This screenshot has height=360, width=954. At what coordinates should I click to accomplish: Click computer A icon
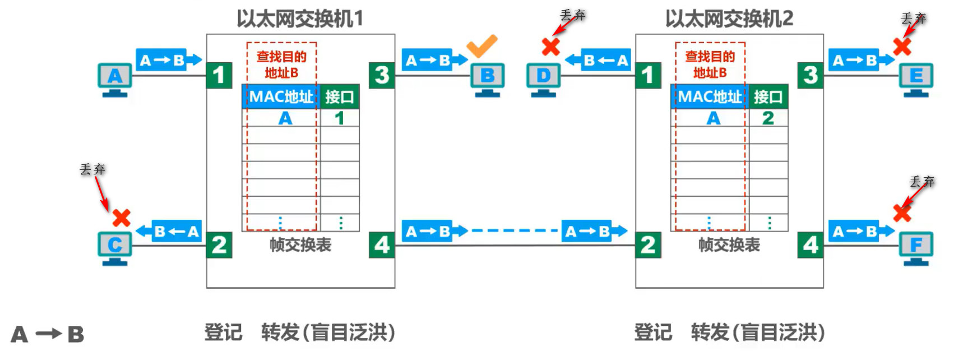(115, 78)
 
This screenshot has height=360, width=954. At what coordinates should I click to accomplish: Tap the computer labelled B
(487, 78)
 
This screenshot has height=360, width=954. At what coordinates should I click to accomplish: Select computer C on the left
(115, 247)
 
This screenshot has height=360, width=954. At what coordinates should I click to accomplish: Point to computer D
(543, 78)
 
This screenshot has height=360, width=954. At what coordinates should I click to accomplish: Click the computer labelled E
(916, 78)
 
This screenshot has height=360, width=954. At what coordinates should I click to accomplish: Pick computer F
(916, 247)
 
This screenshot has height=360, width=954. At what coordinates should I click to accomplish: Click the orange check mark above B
(481, 45)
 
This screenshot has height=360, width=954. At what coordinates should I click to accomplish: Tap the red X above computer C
(121, 218)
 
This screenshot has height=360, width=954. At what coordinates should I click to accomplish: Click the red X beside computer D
(551, 46)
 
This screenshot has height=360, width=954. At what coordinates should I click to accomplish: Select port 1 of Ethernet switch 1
(219, 75)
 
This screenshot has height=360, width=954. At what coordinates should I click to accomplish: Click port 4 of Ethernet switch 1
(382, 245)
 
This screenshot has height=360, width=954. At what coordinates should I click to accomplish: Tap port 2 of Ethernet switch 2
(648, 245)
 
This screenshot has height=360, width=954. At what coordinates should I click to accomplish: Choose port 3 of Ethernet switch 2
(811, 75)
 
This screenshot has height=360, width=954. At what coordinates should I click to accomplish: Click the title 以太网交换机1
(300, 19)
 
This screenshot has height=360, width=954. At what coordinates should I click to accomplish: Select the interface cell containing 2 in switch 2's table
(768, 118)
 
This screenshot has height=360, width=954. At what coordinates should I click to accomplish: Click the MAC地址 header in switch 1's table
(281, 97)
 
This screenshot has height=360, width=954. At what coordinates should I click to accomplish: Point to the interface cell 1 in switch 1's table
(339, 118)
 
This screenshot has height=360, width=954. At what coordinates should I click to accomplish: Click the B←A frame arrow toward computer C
(169, 231)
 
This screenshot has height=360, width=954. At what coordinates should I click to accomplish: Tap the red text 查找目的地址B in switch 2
(710, 64)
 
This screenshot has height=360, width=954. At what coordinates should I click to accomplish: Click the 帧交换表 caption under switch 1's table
(300, 245)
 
